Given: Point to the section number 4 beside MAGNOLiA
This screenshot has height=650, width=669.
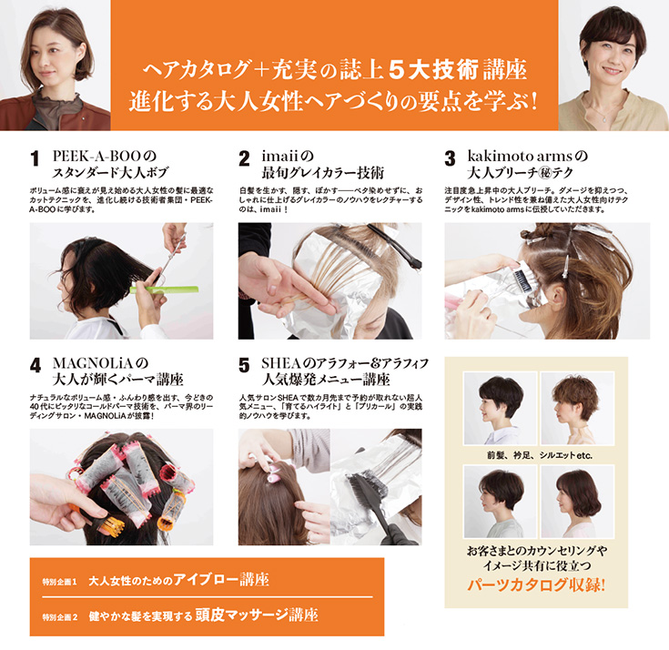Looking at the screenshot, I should pyautogui.click(x=35, y=366).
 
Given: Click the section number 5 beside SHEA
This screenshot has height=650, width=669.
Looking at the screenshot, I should pyautogui.click(x=244, y=366).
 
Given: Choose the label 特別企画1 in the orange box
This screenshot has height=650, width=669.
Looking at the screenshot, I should pyautogui.click(x=59, y=580).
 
